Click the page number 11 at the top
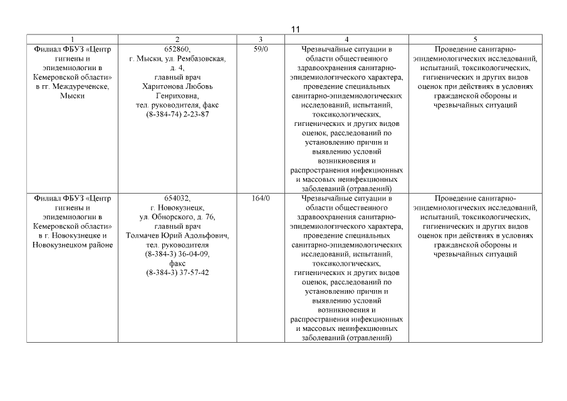[x=296, y=29]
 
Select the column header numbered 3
[x=259, y=39]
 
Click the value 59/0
[x=260, y=49]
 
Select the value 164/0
[x=260, y=199]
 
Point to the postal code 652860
[x=178, y=49]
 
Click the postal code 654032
[x=177, y=199]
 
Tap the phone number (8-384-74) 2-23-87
[x=178, y=115]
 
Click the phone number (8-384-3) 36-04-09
[x=178, y=255]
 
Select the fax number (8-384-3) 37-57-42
[x=178, y=273]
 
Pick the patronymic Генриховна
[x=178, y=96]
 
